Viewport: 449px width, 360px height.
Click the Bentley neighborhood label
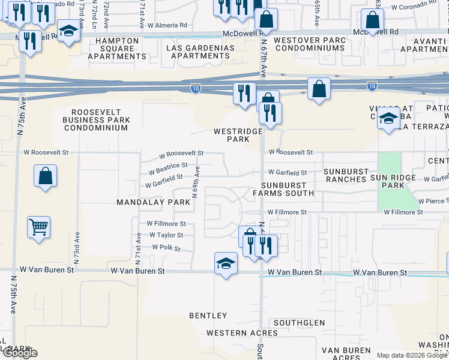pos(208,316)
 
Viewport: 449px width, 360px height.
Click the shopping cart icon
pos(39,227)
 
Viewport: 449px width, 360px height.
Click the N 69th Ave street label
pos(196,187)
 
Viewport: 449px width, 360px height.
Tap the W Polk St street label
pos(166,247)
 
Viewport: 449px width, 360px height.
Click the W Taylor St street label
pos(165,235)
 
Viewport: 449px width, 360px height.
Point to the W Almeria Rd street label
pos(167,26)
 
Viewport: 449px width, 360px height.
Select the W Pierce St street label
pos(434,201)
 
